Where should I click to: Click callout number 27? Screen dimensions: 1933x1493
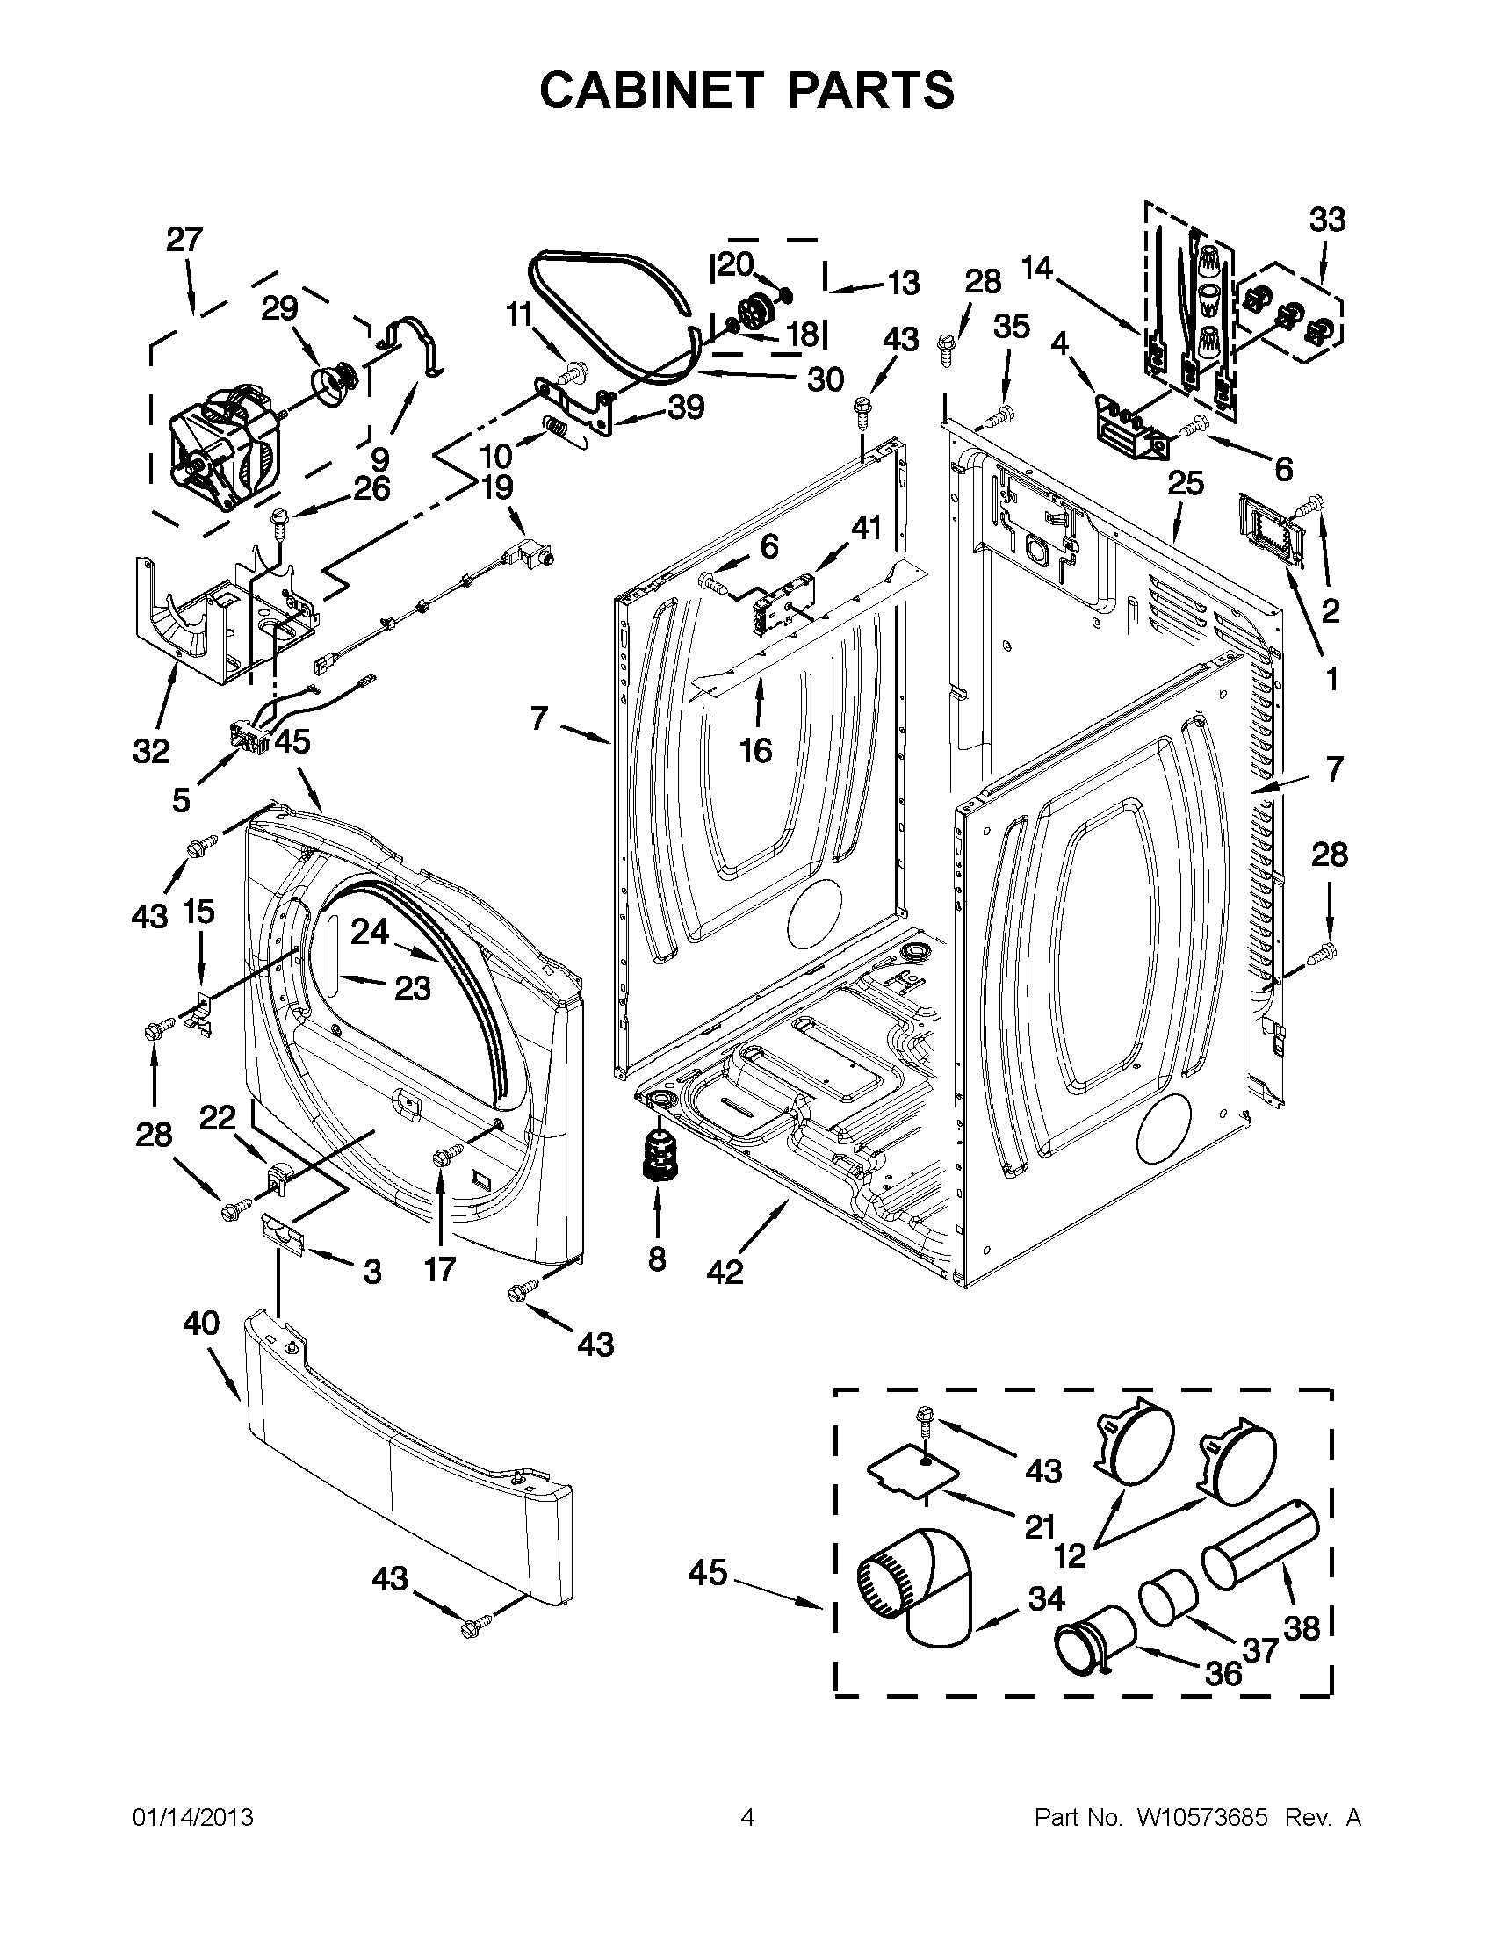point(184,240)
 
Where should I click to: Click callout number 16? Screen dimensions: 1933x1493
point(756,752)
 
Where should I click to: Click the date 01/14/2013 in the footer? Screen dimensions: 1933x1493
point(193,1816)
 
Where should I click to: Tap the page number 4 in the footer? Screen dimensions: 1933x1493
point(747,1816)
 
